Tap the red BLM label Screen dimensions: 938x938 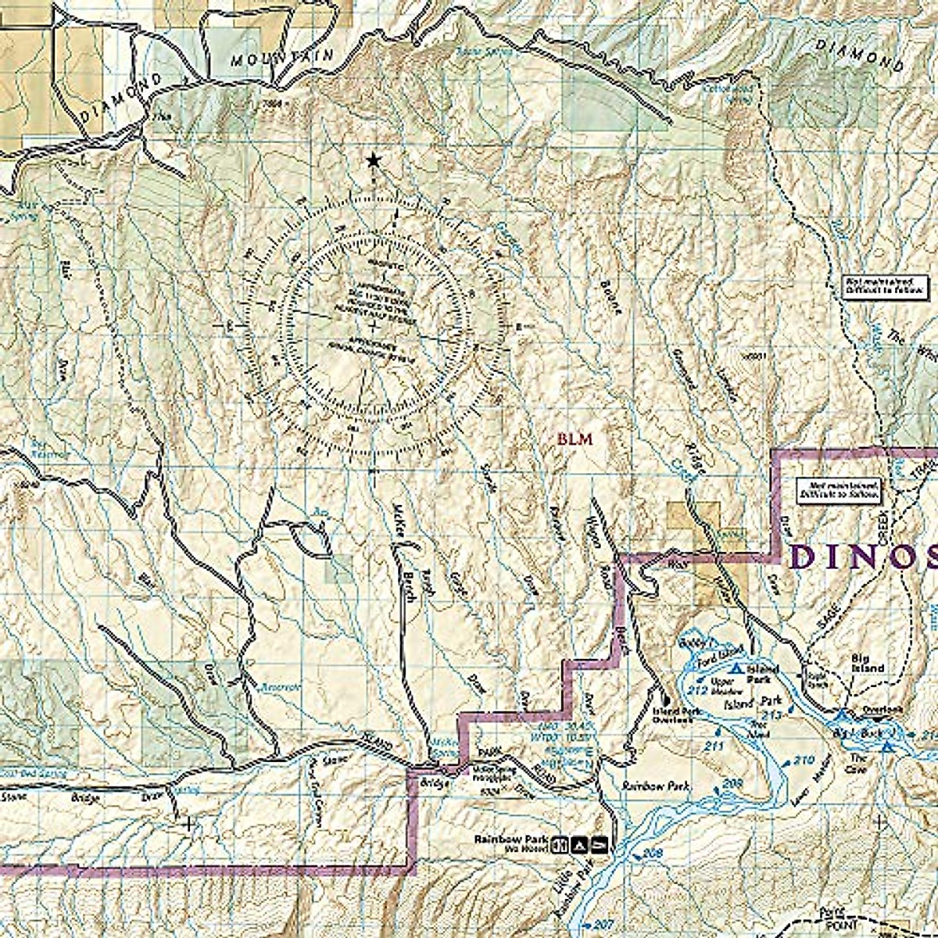coord(575,439)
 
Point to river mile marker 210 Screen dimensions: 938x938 coord(803,761)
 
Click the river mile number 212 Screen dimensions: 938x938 coord(699,689)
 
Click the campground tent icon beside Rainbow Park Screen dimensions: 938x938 coord(578,844)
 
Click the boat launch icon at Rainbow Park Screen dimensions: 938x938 coord(599,844)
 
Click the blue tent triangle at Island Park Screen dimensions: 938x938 coord(736,669)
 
